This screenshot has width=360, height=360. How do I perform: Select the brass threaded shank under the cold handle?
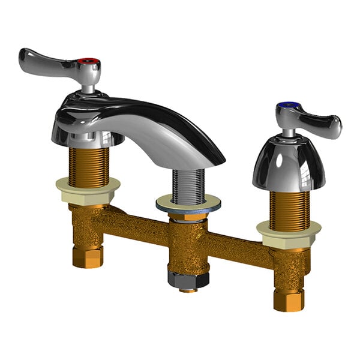click(x=289, y=209)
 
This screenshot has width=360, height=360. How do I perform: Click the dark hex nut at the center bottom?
click(x=188, y=279)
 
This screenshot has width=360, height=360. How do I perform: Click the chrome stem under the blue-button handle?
click(x=289, y=130)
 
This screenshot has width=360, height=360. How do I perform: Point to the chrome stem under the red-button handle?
click(x=89, y=88)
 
